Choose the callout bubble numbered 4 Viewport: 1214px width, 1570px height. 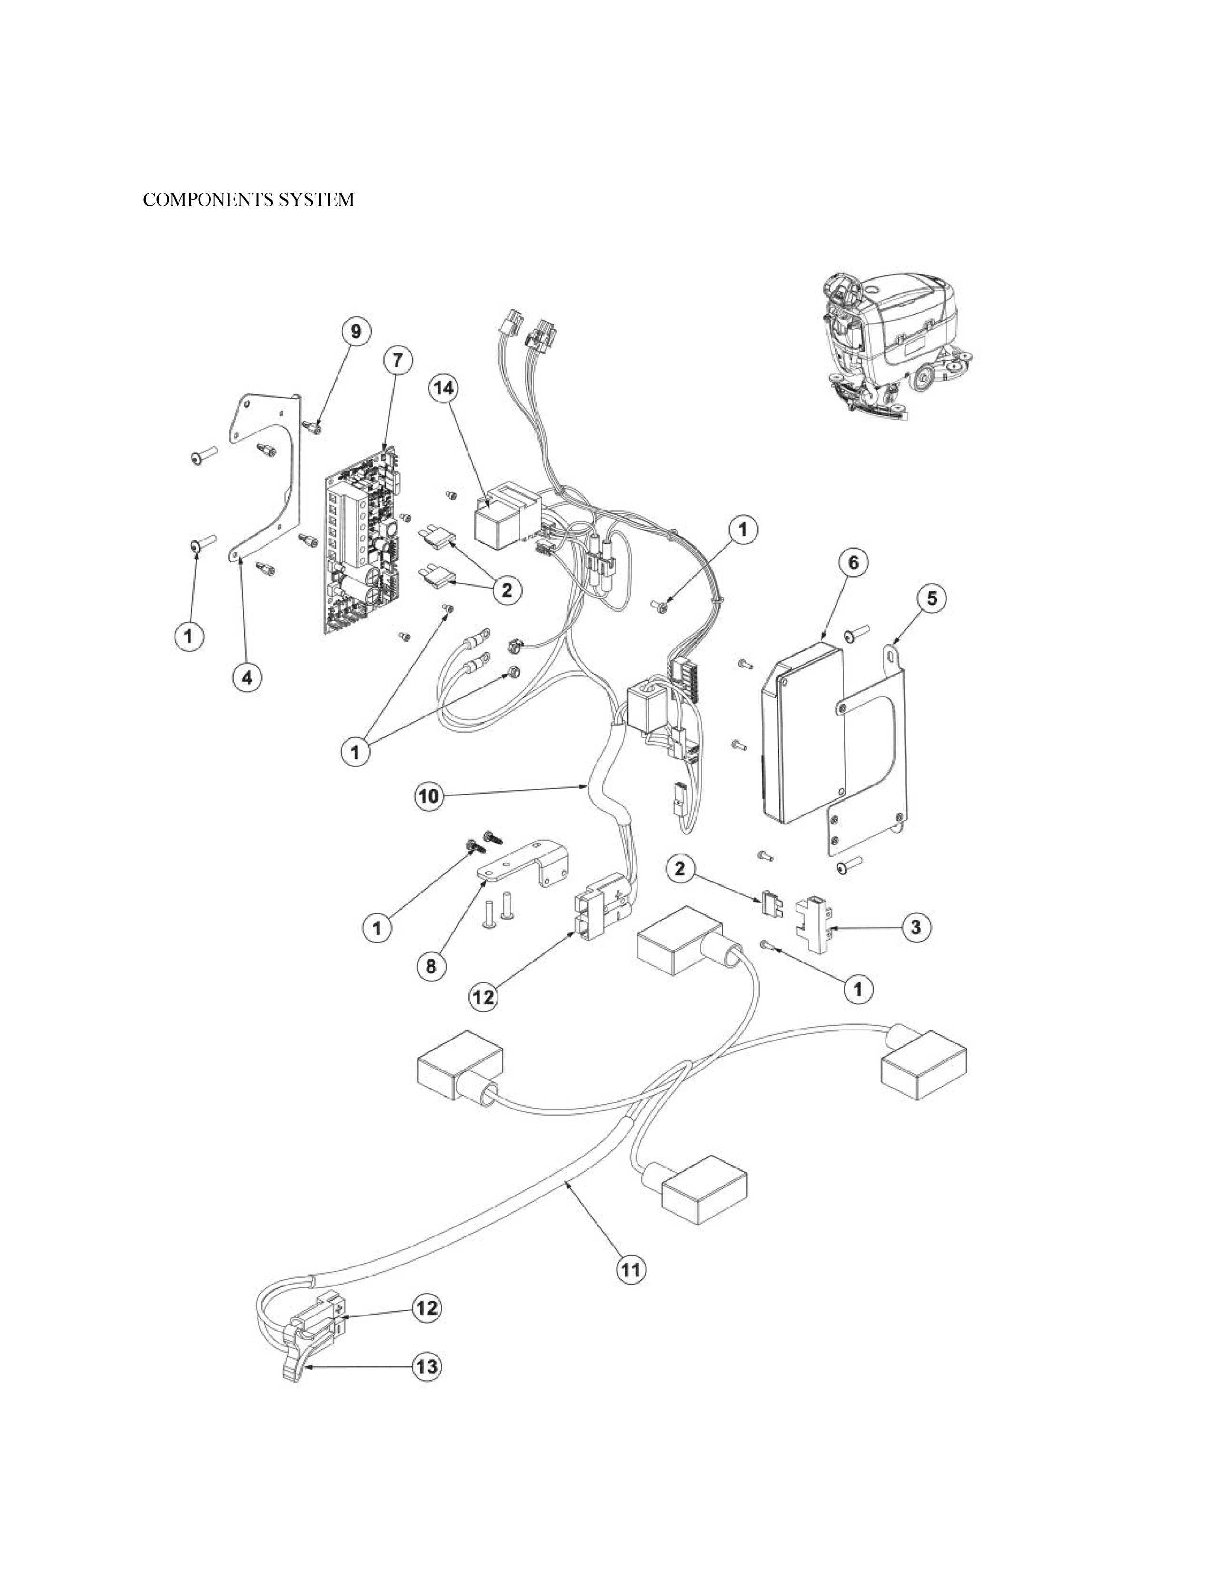pos(247,677)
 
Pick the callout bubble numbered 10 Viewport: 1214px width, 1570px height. pos(429,796)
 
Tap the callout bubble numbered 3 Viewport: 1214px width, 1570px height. pos(915,927)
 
